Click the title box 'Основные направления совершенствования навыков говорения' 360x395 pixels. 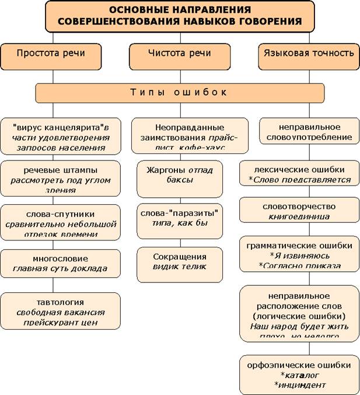(180, 16)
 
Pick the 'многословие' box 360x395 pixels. (61, 263)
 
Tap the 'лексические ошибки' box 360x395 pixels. (300, 174)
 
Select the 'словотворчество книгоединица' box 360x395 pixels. (300, 211)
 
